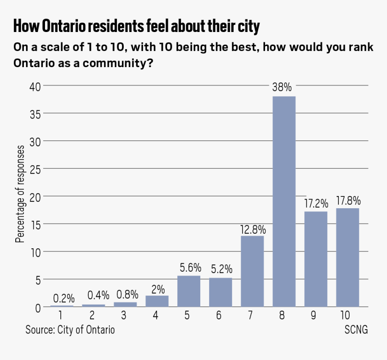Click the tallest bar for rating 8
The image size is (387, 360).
pos(284,201)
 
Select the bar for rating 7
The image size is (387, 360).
pos(252,271)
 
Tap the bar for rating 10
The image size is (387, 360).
pos(347,257)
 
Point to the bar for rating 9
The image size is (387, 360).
pos(316,259)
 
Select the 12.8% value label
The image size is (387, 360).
pos(252,229)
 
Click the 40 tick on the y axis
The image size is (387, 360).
pos(35,86)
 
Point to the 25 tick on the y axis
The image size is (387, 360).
pos(35,169)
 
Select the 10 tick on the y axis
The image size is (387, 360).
pos(35,252)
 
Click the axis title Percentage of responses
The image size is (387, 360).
pos(20,194)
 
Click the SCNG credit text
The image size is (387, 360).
pos(356,330)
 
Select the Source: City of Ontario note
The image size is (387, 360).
pos(70,330)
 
